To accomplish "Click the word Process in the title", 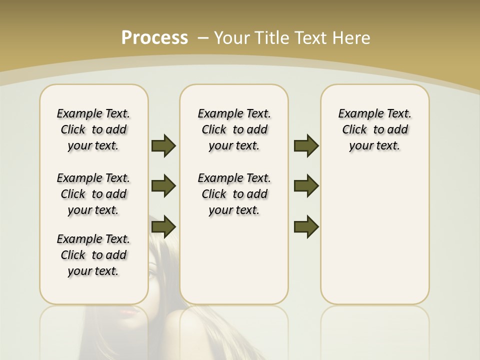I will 154,37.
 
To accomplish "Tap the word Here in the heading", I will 351,38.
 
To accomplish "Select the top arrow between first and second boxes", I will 163,145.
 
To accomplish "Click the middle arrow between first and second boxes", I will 163,186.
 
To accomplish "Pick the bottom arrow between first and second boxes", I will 163,227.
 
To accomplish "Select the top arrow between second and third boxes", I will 306,145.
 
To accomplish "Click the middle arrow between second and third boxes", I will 306,186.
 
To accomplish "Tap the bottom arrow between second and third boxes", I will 306,227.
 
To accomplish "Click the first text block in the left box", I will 93,129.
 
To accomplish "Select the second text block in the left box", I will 93,194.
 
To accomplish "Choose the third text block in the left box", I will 93,255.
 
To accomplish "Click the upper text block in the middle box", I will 234,129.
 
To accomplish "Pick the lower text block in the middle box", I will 234,194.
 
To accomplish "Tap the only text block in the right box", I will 375,129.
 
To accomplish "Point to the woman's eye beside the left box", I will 152,274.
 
